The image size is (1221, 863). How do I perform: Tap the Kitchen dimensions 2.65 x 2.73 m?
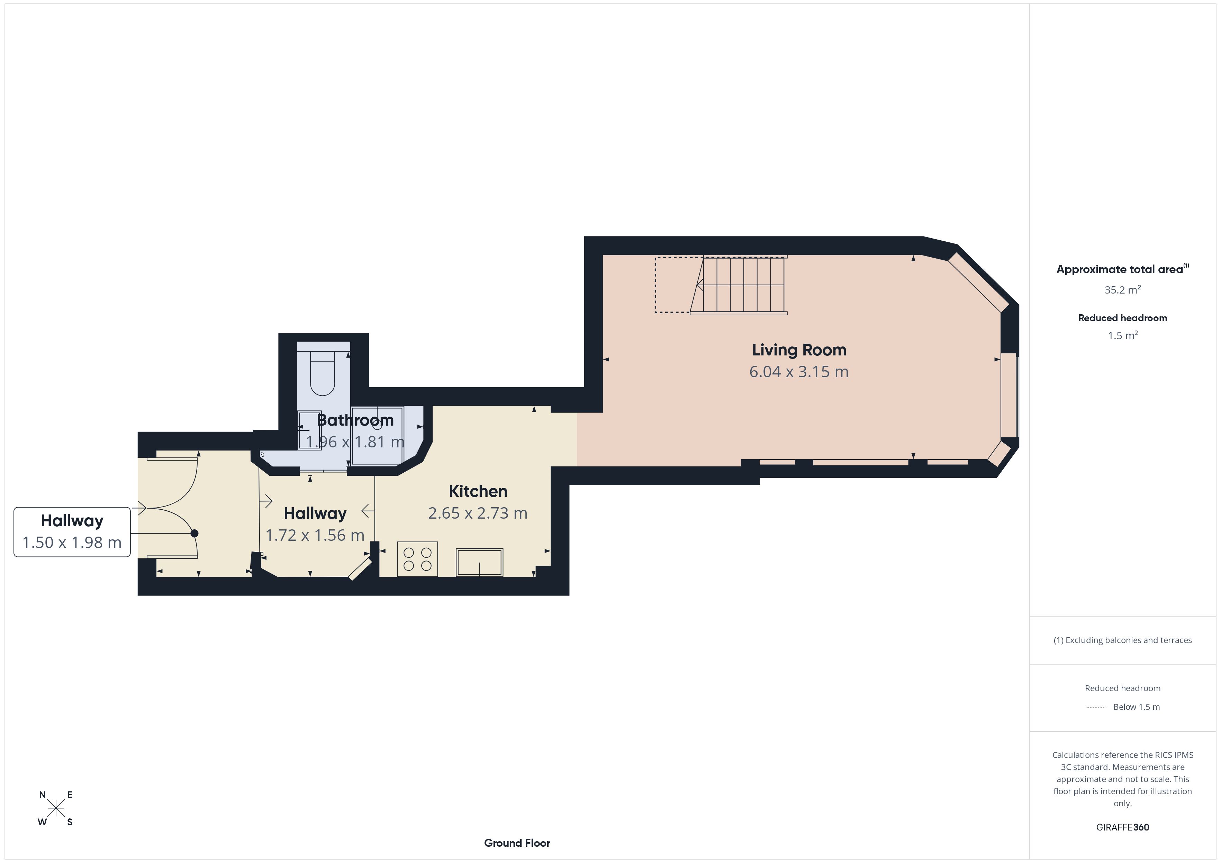coord(478,513)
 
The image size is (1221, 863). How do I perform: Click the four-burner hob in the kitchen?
coord(417,559)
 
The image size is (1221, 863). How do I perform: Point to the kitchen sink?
coord(479,562)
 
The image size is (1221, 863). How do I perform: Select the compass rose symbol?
coord(56,808)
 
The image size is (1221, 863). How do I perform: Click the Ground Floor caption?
coord(517,843)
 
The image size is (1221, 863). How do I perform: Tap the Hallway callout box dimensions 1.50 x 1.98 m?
coord(72,542)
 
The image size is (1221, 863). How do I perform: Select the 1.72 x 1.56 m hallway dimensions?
coord(315,535)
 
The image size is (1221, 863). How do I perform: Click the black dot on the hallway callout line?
coord(195,533)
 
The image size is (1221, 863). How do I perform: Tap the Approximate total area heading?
coord(1122,269)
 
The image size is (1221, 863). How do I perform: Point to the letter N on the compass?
coord(43,795)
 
